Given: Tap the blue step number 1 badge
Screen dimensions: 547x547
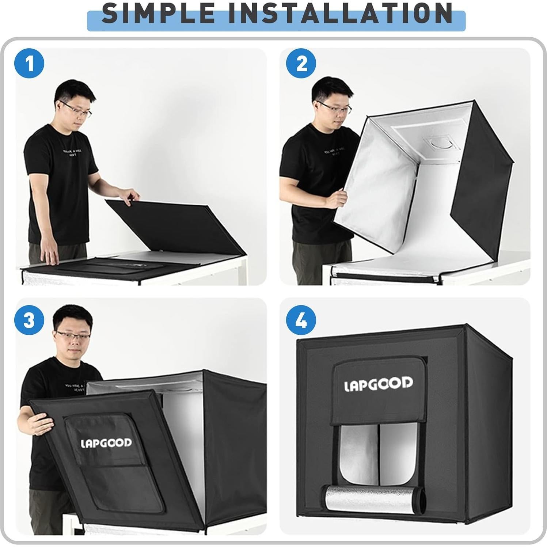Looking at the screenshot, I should (29, 64).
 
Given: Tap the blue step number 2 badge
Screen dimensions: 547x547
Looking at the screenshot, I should (301, 64).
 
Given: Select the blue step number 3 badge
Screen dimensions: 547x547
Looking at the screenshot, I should (29, 320).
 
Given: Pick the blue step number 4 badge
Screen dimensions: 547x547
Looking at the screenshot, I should (301, 320).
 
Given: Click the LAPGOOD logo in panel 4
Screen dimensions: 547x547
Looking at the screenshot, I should (379, 384).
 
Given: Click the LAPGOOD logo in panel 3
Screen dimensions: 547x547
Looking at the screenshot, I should (106, 443).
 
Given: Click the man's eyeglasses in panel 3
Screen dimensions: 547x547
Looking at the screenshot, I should (73, 336).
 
